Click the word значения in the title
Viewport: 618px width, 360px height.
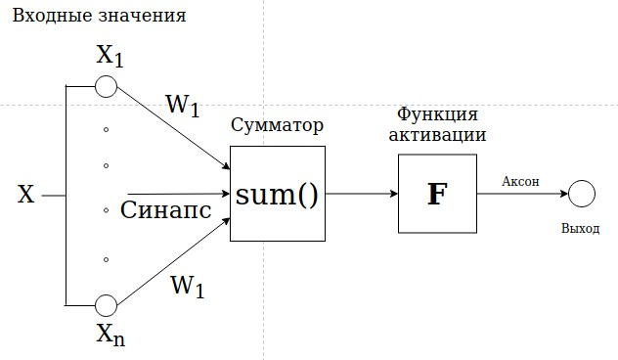coord(140,18)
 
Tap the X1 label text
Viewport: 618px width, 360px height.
coord(110,57)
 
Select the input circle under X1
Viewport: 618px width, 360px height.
coord(106,87)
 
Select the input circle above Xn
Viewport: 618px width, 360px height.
coord(106,304)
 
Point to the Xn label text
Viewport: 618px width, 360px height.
coord(110,337)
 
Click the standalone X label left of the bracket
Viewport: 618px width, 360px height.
coord(26,195)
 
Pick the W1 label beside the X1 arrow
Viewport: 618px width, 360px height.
coord(183,105)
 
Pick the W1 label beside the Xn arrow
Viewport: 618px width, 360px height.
coord(187,288)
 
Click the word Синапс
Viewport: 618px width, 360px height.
coord(166,210)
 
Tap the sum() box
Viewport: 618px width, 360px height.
coord(278,194)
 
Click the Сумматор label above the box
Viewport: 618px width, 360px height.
coord(277,127)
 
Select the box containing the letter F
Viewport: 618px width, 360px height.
coord(437,194)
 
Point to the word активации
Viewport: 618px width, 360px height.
coord(437,135)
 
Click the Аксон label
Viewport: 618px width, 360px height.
coord(519,181)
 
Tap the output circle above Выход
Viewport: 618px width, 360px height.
coord(583,194)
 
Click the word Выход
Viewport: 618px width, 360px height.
coord(582,229)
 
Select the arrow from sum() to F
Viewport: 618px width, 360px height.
coord(362,194)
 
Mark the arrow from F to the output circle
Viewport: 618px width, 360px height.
coord(522,194)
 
